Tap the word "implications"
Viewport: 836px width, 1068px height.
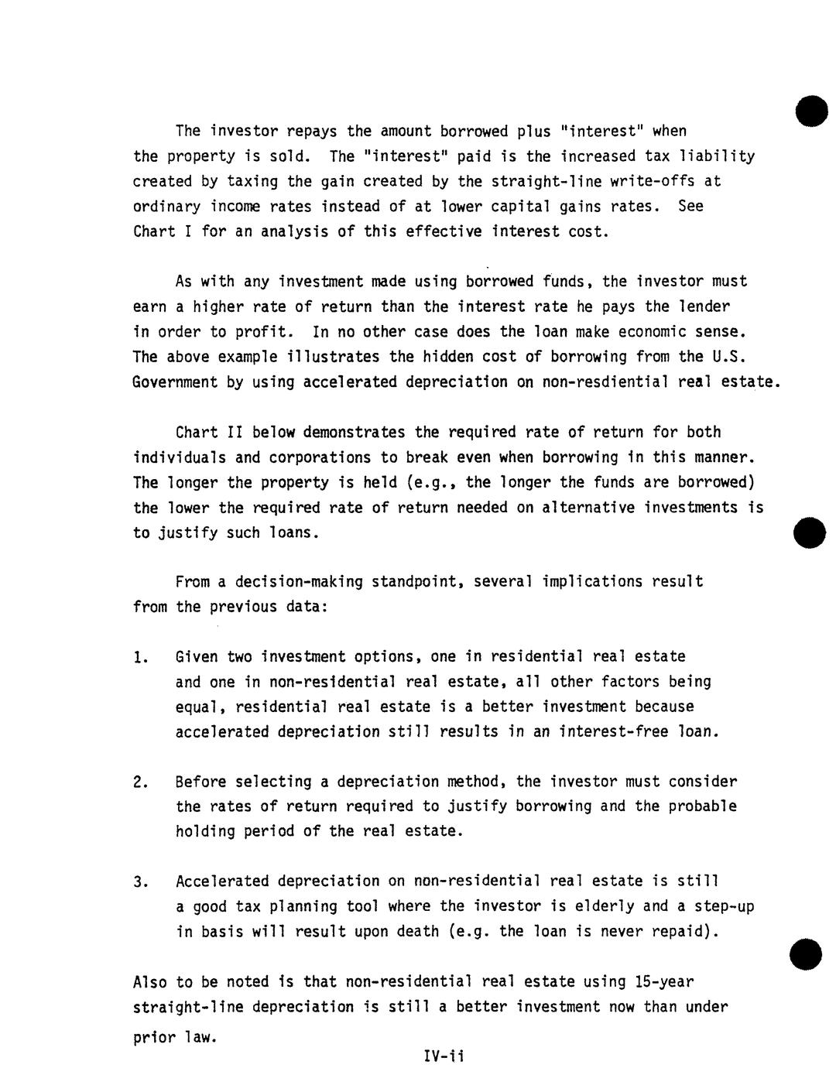click(x=593, y=581)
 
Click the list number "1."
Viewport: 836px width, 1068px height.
click(x=140, y=658)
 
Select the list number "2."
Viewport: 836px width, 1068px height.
click(x=140, y=782)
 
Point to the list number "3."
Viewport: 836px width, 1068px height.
click(x=140, y=882)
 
